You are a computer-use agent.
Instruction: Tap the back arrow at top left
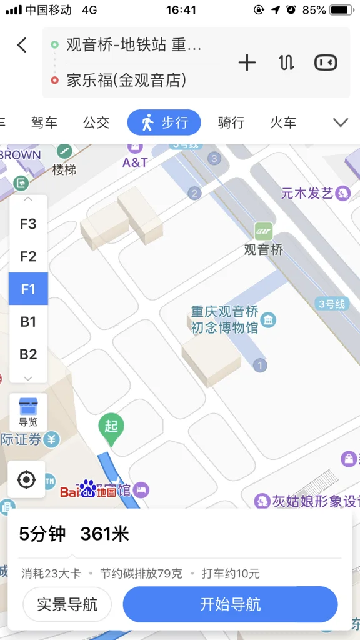22,45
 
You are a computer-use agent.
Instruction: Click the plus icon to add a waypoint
247,62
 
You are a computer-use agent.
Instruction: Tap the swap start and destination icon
286,62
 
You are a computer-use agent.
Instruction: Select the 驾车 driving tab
44,122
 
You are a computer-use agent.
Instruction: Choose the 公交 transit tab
96,122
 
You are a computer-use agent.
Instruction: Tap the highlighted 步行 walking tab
164,122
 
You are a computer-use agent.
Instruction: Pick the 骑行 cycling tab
231,122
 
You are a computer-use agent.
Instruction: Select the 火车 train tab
283,122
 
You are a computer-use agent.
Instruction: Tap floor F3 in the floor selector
28,224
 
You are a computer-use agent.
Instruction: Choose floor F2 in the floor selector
28,256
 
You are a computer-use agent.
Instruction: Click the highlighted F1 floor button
28,289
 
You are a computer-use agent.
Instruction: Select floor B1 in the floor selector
28,322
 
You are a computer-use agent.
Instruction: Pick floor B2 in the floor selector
28,354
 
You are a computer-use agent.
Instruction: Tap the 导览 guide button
28,412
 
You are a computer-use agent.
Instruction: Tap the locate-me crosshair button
27,480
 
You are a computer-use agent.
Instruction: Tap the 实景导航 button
67,605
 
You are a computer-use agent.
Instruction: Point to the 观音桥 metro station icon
264,231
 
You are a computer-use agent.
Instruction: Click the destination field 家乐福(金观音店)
127,80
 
